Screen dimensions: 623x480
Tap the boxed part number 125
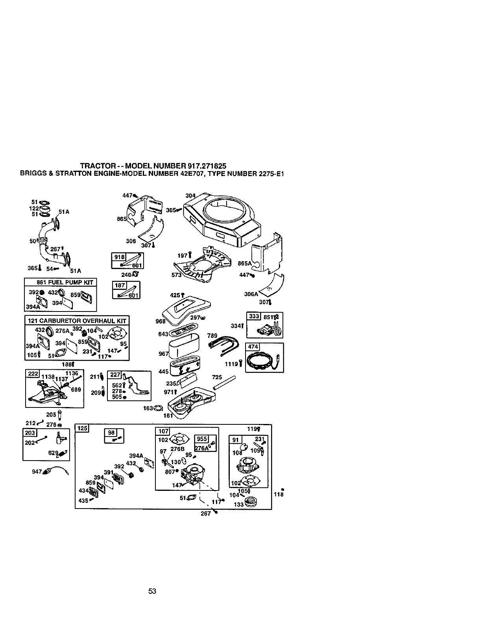click(x=83, y=428)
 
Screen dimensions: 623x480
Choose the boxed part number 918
click(x=118, y=257)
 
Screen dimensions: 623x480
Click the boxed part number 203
click(x=30, y=433)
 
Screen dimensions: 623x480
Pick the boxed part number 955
click(x=201, y=439)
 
